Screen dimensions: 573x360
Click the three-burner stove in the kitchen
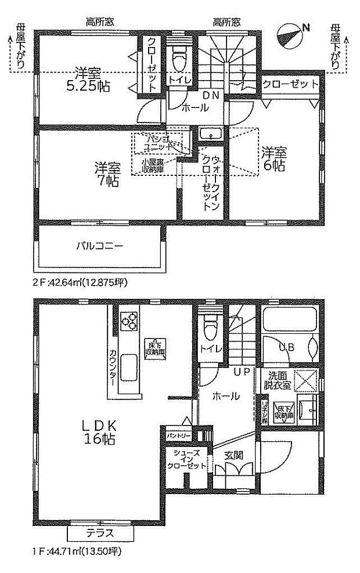pos(129,320)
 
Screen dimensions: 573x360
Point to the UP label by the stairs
pos(242,370)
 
